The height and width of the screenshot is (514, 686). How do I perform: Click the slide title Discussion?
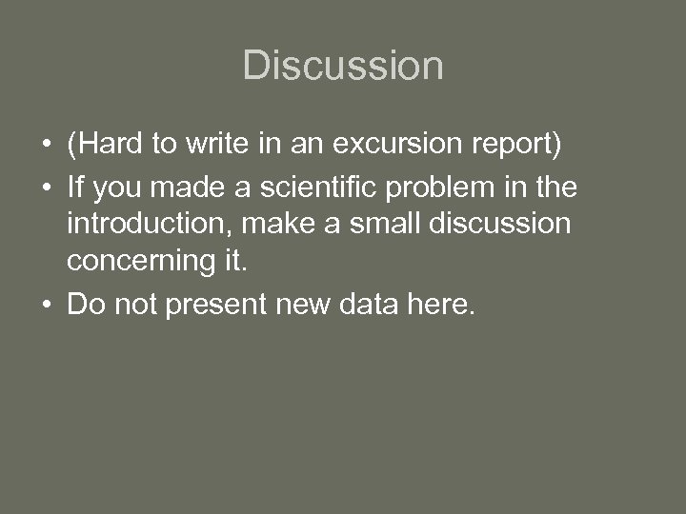[343, 66]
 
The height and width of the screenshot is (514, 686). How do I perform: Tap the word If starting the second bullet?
[74, 188]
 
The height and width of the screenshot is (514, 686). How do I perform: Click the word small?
[365, 225]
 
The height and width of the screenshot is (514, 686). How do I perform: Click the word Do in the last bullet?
[83, 305]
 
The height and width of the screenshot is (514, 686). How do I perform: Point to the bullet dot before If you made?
[46, 188]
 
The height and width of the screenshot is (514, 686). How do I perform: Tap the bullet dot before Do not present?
[46, 306]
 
